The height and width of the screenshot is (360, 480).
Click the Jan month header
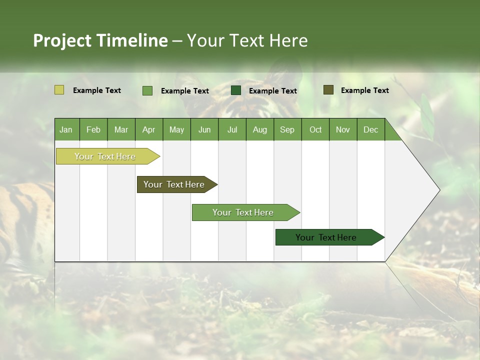(x=66, y=129)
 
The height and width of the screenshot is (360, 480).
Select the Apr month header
(x=149, y=129)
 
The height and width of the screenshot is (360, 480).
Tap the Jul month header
(x=232, y=129)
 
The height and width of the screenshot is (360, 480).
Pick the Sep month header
(x=287, y=129)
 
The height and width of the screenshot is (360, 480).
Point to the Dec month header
(x=371, y=129)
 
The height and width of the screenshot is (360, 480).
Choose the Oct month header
(x=315, y=129)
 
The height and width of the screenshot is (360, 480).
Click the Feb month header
(x=93, y=129)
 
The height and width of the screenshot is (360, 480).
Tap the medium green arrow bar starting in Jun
(x=243, y=212)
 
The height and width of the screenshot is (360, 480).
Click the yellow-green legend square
(x=59, y=90)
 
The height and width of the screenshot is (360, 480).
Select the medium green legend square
(x=147, y=90)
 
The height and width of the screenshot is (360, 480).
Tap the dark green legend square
(x=236, y=90)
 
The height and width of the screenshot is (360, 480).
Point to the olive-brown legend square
(x=328, y=90)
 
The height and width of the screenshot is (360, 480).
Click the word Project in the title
(x=62, y=40)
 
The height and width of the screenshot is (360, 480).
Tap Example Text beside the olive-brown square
(x=365, y=90)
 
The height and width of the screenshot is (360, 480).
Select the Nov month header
(x=343, y=129)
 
